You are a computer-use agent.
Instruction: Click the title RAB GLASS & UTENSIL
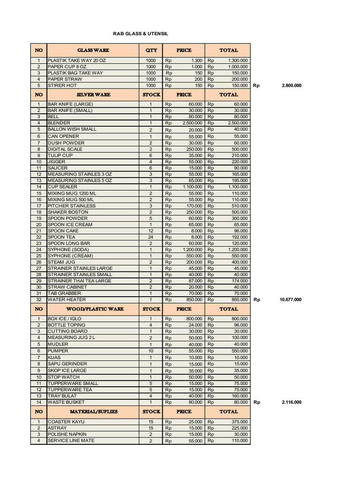pos(141,34)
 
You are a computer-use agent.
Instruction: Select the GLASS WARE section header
pos(93,50)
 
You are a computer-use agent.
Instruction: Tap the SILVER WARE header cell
pos(93,94)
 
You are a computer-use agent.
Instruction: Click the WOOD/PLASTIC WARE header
pos(93,309)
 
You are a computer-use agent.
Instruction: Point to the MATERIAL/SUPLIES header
pos(93,412)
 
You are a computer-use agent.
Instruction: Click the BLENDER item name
pos(59,123)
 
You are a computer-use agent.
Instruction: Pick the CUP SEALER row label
pos(62,187)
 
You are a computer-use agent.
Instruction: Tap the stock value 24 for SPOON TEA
pos(151,237)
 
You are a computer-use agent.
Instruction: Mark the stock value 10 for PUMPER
pos(151,351)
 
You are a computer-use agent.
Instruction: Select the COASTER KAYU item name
pos(65,422)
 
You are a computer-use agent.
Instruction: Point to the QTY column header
pos(151,50)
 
